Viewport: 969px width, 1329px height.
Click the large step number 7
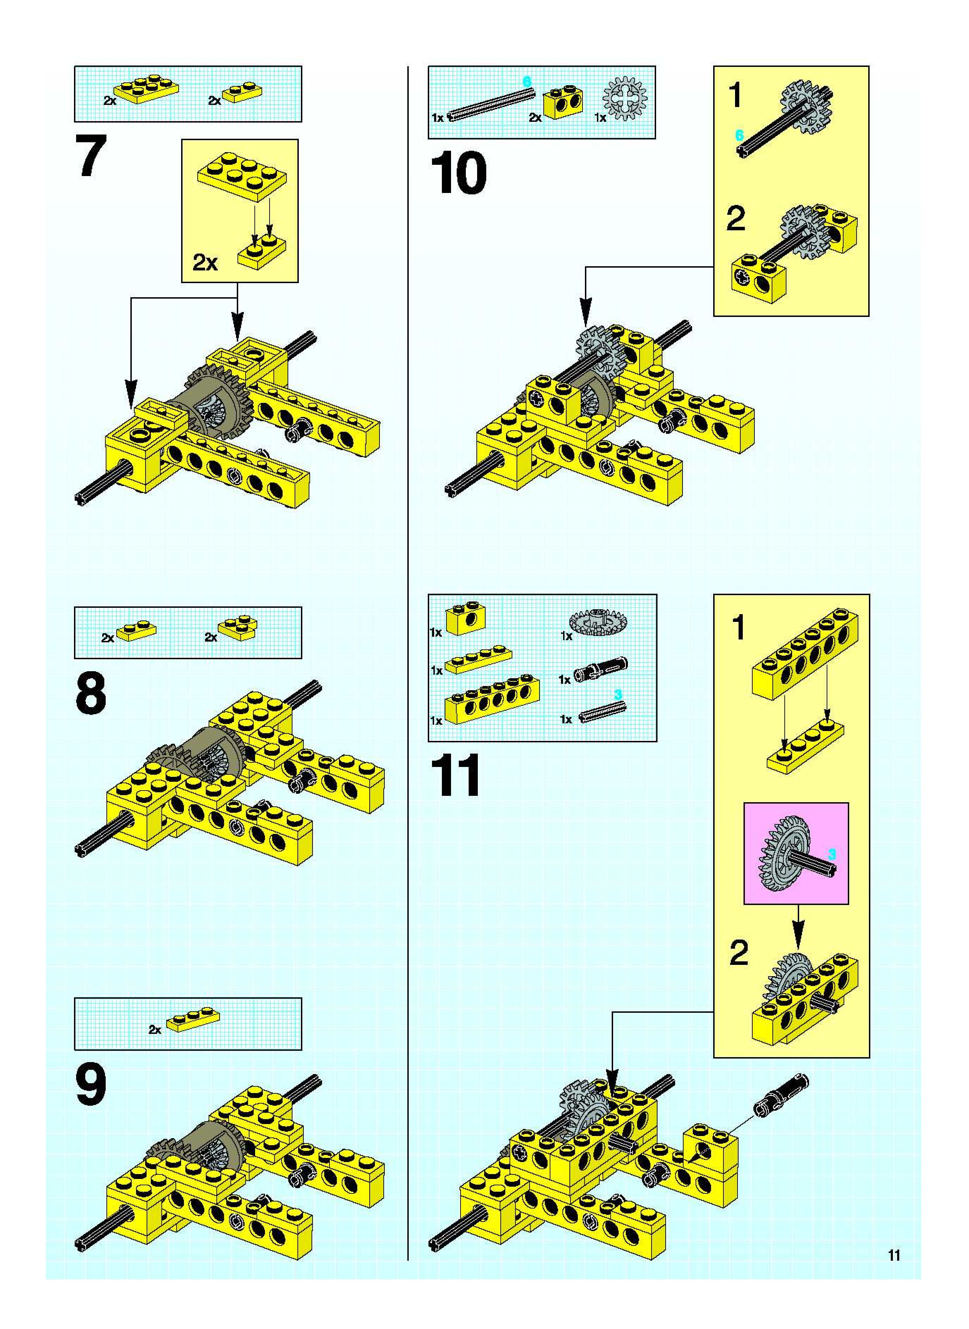(91, 156)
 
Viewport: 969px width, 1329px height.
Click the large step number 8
(91, 695)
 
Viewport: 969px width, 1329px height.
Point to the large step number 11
(455, 776)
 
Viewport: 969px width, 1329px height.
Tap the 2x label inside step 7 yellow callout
(205, 263)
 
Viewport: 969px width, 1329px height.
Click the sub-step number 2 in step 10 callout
(735, 219)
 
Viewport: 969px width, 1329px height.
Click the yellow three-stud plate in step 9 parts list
(192, 1020)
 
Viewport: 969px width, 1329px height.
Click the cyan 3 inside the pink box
(831, 854)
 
